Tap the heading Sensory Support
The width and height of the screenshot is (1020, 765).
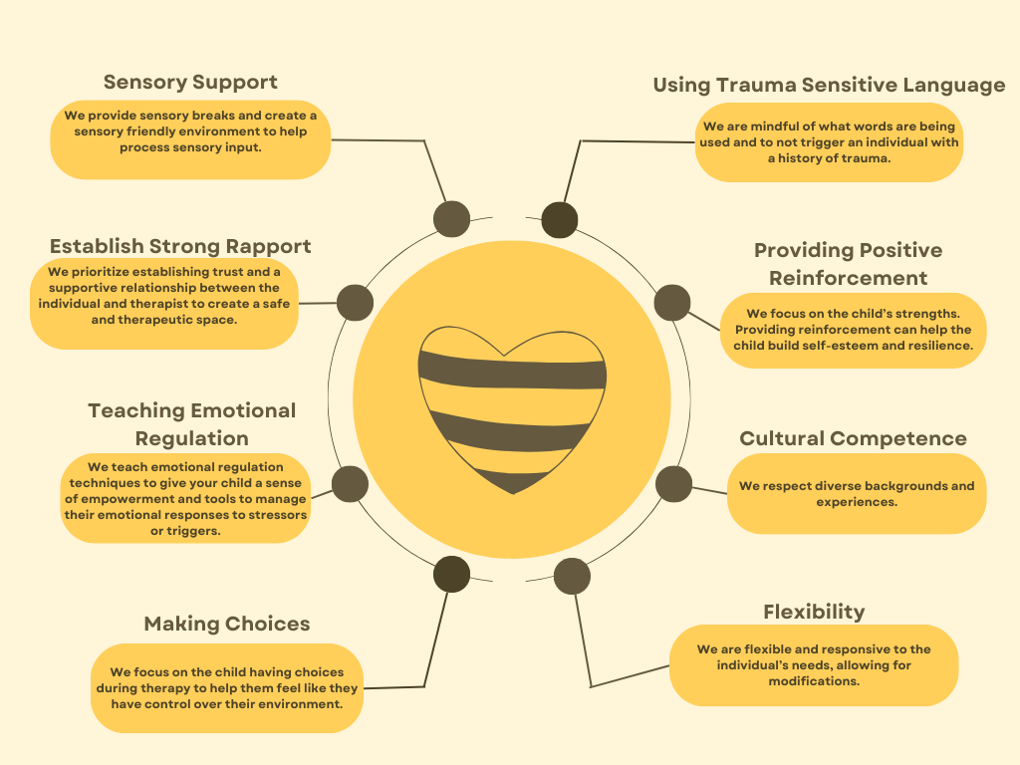click(190, 82)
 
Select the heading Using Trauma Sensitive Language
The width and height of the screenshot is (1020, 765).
click(829, 85)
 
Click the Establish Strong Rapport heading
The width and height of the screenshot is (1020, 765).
click(180, 246)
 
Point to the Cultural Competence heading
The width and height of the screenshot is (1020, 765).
click(853, 438)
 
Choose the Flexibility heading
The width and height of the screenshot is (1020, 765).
click(814, 612)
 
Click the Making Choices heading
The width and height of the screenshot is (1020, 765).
click(227, 624)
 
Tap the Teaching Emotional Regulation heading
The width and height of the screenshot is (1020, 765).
click(192, 424)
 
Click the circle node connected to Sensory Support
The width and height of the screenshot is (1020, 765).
click(451, 218)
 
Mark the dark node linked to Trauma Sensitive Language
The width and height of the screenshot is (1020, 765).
click(560, 219)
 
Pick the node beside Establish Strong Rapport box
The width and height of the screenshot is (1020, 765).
click(355, 302)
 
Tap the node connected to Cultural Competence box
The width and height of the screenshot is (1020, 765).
click(674, 483)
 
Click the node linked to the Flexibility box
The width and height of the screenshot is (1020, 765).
click(572, 576)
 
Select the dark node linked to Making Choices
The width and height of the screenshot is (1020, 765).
click(451, 574)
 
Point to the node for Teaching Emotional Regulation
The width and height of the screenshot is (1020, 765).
click(350, 483)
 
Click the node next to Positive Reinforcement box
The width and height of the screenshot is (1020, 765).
click(672, 302)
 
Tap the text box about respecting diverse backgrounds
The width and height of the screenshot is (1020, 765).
click(857, 494)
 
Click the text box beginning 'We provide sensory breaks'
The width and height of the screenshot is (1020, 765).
click(190, 139)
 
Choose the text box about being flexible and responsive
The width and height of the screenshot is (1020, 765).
click(814, 665)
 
